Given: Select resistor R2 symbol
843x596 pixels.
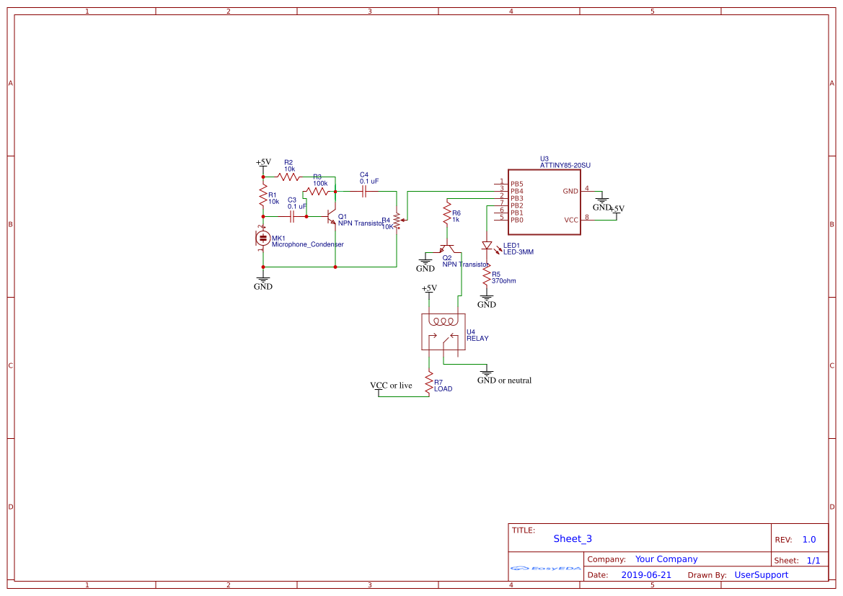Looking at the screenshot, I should tap(288, 177).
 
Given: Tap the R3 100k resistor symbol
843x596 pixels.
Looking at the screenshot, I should tap(317, 191).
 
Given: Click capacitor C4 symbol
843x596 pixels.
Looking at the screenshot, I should tap(364, 192).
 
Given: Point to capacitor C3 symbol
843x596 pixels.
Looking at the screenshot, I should tap(292, 215).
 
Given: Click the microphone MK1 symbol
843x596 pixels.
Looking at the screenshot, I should tap(263, 237).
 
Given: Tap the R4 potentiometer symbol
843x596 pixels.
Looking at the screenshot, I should tap(397, 222).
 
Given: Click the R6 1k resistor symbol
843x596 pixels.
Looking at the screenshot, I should tap(447, 215).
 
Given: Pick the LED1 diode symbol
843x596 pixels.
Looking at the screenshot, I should tap(487, 246).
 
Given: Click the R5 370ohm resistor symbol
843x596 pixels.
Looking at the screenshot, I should tap(487, 277).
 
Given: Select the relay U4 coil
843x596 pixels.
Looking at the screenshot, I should tap(441, 321).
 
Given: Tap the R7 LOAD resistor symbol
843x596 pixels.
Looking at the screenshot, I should tap(429, 382).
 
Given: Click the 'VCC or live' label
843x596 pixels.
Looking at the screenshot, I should tap(391, 386).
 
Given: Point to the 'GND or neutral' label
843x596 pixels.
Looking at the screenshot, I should tap(504, 381).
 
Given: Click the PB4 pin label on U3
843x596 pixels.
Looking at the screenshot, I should tap(516, 191).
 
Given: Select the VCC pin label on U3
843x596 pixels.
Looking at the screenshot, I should tap(570, 220).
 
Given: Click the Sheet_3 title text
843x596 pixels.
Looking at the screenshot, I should tap(572, 538).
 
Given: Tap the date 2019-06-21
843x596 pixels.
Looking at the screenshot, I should tap(646, 575).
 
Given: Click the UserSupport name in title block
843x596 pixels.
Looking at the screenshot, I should tap(761, 575).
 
